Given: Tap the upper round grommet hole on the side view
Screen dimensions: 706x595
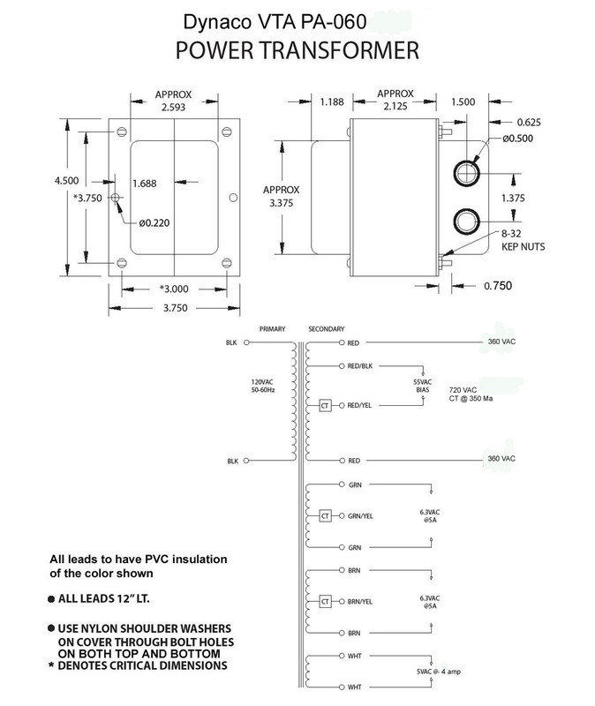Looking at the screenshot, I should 464,172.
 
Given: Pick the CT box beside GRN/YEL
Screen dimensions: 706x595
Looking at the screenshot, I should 324,515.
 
